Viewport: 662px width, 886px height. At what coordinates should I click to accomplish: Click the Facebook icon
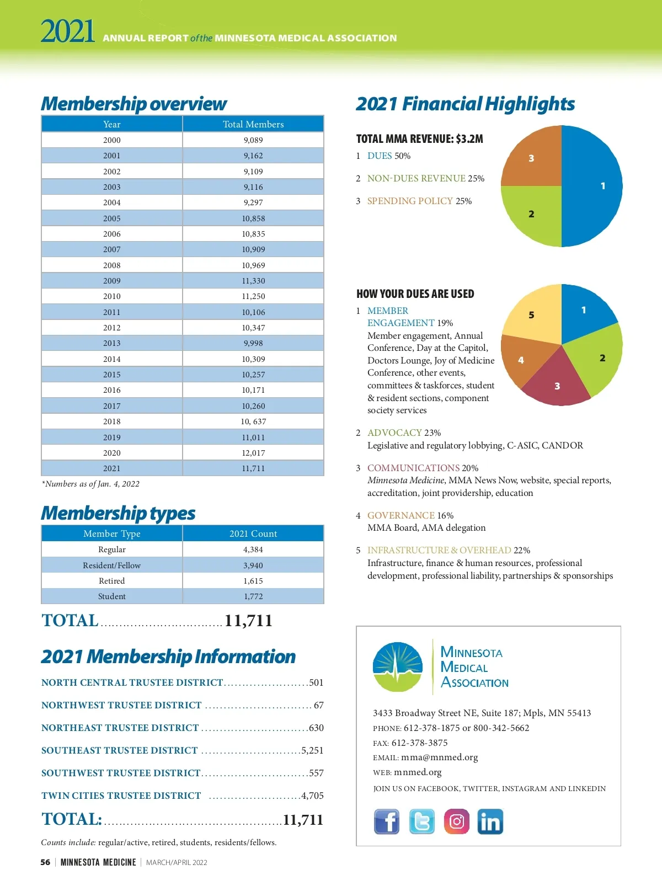(387, 821)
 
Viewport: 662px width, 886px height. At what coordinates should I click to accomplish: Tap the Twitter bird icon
(422, 821)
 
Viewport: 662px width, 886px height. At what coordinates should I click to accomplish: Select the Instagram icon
(457, 821)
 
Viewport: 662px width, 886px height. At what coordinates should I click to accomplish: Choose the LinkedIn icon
(490, 821)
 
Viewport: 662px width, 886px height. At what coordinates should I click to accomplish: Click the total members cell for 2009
(253, 281)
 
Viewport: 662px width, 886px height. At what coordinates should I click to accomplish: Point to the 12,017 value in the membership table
(253, 453)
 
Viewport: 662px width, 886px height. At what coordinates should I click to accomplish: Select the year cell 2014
(111, 359)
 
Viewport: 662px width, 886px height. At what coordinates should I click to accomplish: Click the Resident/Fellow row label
(111, 565)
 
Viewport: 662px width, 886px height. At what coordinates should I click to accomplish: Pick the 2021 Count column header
(253, 533)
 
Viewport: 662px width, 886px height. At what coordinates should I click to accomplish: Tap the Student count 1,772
(253, 596)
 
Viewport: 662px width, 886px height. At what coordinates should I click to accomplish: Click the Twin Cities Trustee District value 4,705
(312, 796)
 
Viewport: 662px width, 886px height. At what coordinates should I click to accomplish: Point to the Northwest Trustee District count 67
(318, 705)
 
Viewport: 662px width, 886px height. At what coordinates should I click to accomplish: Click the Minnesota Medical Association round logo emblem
(398, 666)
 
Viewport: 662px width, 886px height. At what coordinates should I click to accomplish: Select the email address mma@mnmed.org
(439, 757)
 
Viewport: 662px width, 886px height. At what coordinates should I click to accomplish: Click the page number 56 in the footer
(45, 862)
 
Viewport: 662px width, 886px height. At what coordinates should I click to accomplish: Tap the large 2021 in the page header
(67, 31)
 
